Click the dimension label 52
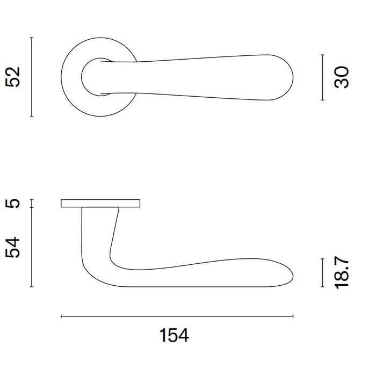tap(15, 77)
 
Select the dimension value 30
tap(342, 77)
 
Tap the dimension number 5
tap(15, 203)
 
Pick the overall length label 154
tap(175, 336)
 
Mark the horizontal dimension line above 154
tap(177, 316)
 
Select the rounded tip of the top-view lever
tap(290, 77)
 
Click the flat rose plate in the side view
tap(100, 203)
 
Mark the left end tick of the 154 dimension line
tap(61, 316)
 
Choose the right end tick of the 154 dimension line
tap(293, 316)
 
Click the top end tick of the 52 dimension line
tap(32, 38)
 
